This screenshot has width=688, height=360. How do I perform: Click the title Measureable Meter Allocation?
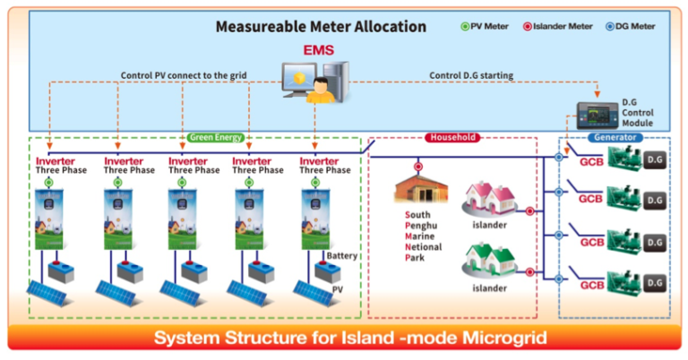[x=320, y=26]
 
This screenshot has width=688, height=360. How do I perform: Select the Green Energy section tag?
[x=216, y=138]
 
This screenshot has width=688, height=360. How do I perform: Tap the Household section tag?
[x=451, y=138]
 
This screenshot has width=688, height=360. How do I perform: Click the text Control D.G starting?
[x=472, y=75]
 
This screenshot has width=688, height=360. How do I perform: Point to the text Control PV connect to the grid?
[x=185, y=75]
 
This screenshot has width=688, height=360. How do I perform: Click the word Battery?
[x=342, y=256]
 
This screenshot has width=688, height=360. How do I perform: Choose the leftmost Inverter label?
[x=56, y=161]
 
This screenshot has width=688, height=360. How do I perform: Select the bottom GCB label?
[x=591, y=285]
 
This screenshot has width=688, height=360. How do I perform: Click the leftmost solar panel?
[x=52, y=293]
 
